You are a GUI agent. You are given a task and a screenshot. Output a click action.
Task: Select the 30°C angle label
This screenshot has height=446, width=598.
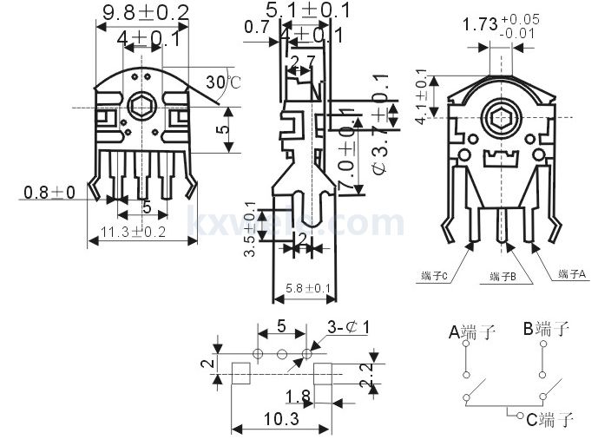point(222,82)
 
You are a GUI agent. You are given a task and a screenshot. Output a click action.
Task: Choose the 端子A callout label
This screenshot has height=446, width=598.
point(573,274)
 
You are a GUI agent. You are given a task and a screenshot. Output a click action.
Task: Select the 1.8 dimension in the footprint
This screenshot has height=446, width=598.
point(299,397)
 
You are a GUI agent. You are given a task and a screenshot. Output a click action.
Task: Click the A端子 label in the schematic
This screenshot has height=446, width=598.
point(472,331)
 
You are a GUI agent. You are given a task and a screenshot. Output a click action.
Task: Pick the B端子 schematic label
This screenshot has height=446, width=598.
point(546,328)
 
